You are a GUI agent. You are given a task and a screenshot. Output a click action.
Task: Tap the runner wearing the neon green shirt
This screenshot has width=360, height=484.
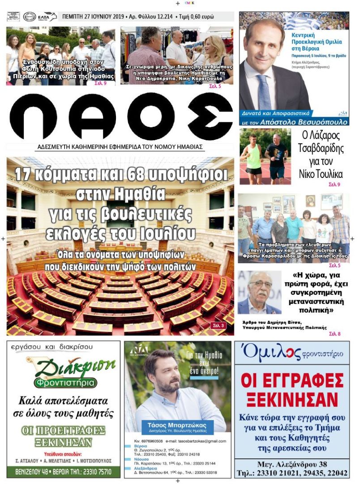click(x=253, y=156)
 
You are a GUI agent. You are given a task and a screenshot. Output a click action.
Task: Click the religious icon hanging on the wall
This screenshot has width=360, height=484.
click(x=310, y=200)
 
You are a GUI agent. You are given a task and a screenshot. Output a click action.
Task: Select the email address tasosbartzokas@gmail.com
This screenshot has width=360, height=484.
click(x=202, y=441)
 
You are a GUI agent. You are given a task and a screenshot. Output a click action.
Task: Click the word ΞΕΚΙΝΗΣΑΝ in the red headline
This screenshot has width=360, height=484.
click(x=291, y=398)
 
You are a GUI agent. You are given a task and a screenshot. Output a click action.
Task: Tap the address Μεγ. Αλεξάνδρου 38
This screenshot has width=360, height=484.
click(x=291, y=464)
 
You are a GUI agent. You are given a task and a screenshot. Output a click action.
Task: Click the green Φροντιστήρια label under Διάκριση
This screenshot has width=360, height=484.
click(x=65, y=383)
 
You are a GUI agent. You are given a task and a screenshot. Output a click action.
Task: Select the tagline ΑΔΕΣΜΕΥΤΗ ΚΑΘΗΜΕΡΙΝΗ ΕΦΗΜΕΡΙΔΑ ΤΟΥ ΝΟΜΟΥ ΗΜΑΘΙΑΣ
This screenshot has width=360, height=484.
click(x=120, y=147)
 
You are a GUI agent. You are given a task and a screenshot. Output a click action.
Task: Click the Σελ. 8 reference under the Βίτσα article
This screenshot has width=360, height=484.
click(x=334, y=334)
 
